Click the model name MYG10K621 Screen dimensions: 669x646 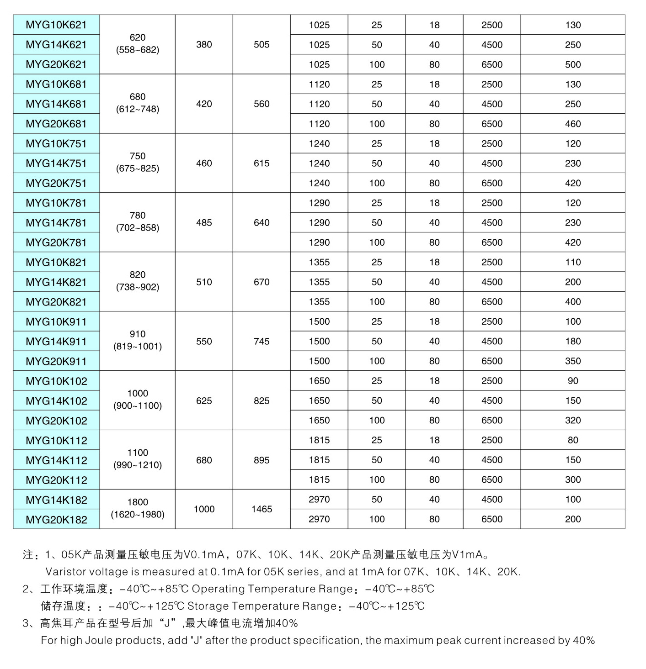click(56, 25)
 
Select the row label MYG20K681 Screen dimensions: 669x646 click(56, 124)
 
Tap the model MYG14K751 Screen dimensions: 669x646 click(56, 163)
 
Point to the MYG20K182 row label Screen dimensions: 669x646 click(56, 520)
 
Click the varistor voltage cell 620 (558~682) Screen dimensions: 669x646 click(138, 44)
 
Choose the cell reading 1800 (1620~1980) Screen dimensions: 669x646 click(138, 508)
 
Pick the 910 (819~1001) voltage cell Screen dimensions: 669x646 click(138, 340)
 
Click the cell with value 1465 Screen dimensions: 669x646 click(262, 509)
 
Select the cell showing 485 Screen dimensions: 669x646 click(204, 223)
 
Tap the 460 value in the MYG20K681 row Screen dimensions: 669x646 click(573, 124)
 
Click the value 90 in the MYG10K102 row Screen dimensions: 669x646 click(573, 381)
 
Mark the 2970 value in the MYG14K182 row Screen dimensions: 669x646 click(319, 500)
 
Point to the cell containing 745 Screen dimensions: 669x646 click(262, 342)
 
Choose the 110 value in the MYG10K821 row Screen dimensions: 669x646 click(573, 263)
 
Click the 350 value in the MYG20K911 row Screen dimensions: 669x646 click(573, 361)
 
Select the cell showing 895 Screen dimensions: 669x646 click(262, 460)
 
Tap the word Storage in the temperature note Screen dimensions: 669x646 click(209, 606)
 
